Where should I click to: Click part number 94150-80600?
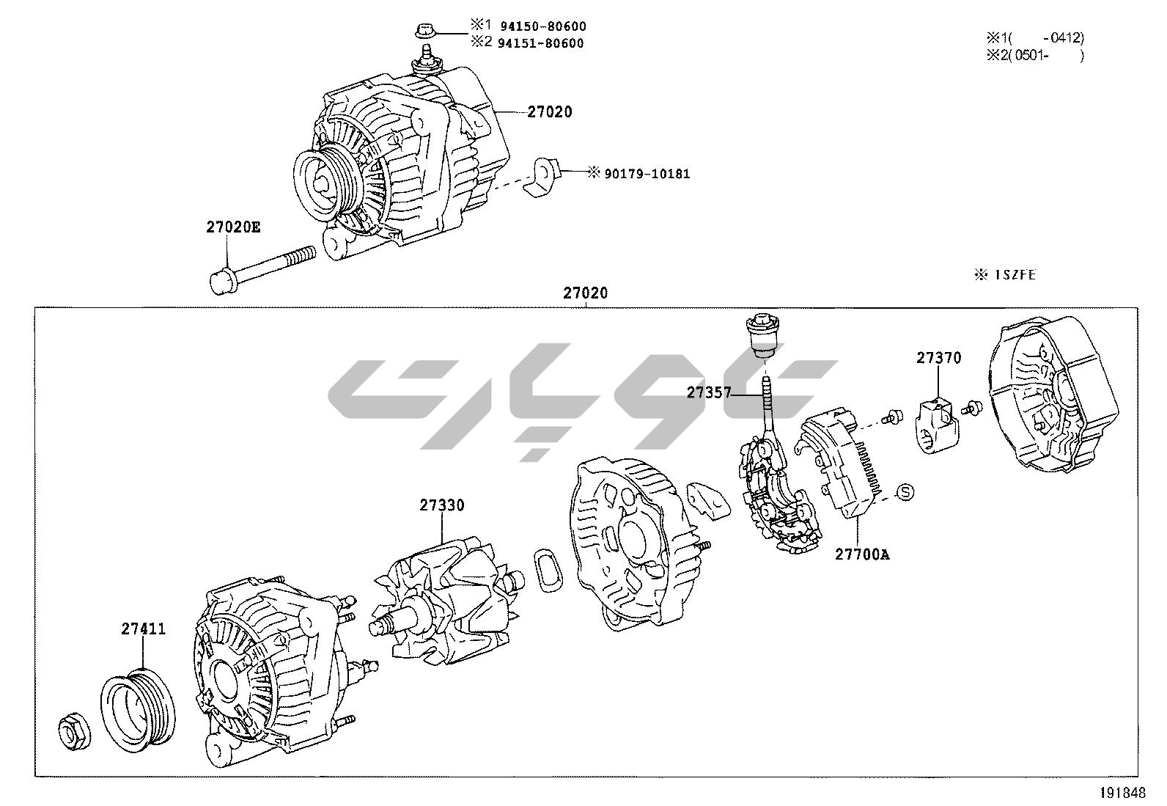(541, 27)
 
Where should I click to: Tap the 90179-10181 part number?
(647, 174)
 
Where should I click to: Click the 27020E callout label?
(232, 227)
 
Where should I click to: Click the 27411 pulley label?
(143, 629)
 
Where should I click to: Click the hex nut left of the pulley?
(74, 731)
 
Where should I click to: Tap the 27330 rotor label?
(442, 505)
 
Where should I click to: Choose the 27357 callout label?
(709, 393)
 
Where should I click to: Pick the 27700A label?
(862, 554)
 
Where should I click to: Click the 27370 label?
(938, 358)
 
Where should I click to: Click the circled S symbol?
(907, 491)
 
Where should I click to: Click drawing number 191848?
(1121, 794)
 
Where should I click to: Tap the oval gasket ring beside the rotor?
(548, 568)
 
